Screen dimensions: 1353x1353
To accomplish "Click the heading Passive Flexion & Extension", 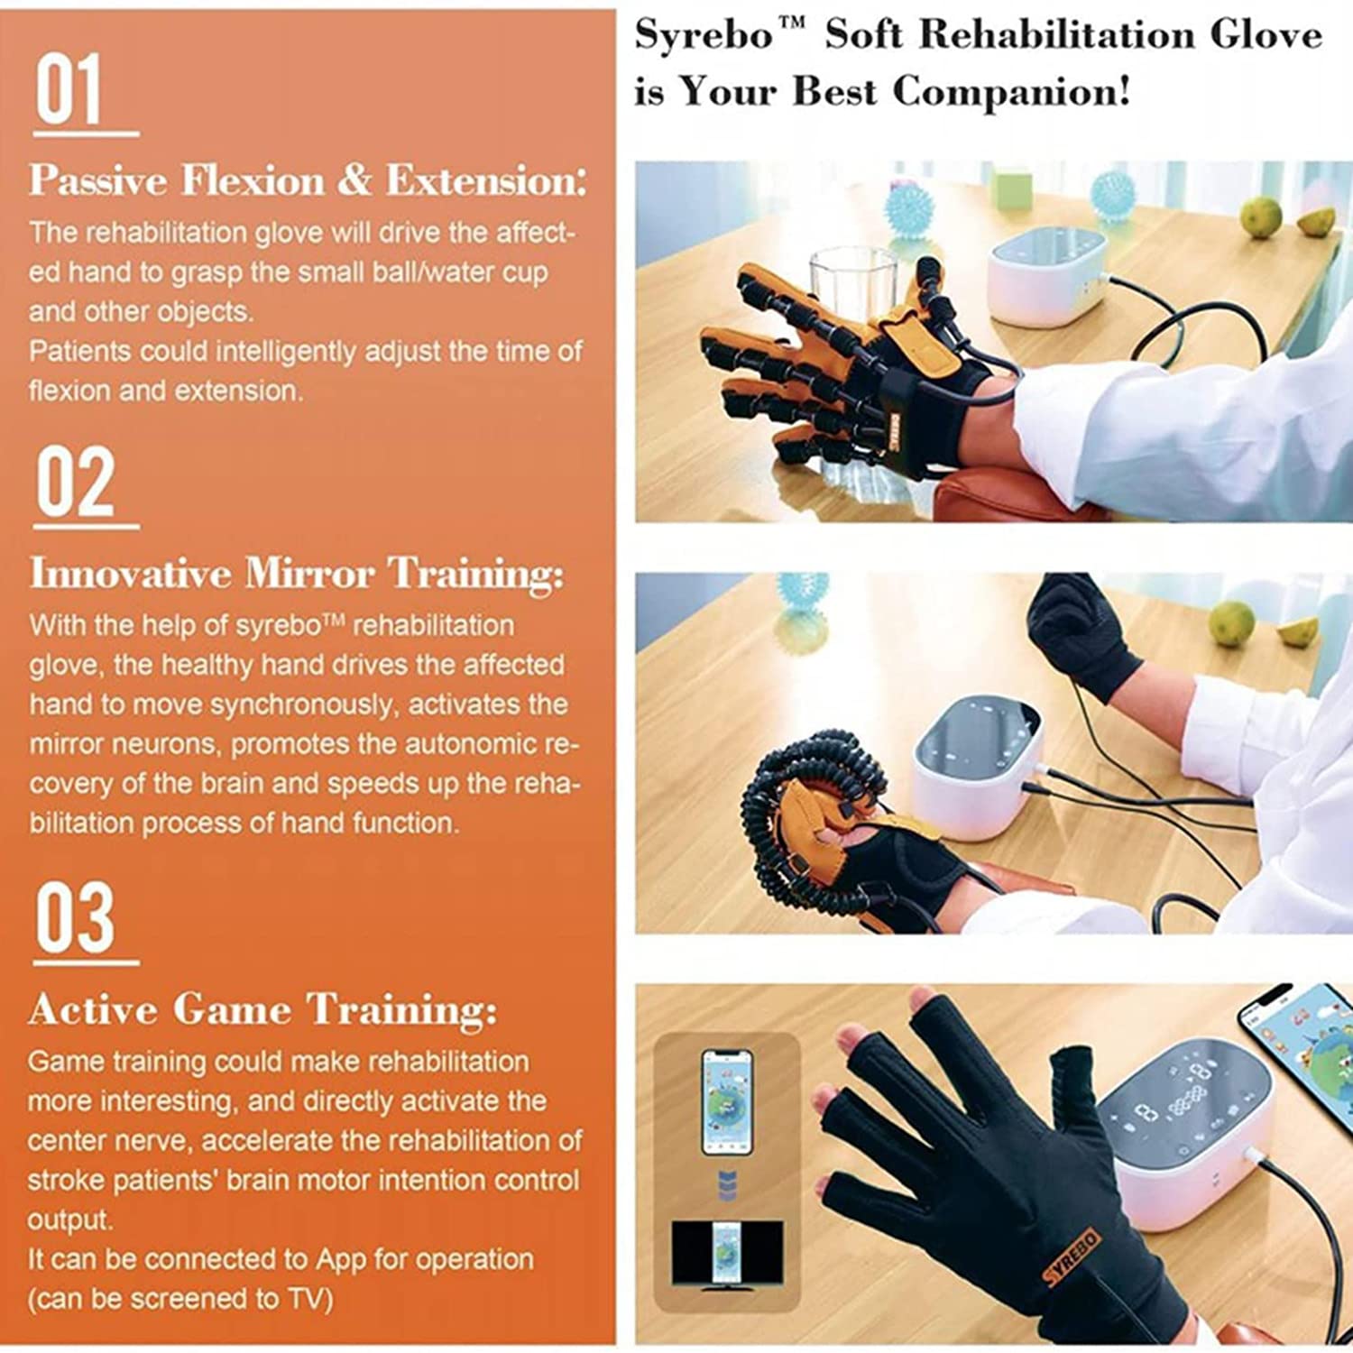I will coord(307,180).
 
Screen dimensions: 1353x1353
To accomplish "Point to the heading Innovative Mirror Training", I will coord(297,574).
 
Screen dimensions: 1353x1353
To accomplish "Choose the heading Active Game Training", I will coord(262,1009).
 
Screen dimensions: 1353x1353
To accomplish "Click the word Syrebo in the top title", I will coord(704,36).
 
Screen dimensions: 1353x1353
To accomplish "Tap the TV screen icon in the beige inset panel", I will coord(727,1253).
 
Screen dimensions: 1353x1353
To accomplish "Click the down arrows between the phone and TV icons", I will coord(730,1182).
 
